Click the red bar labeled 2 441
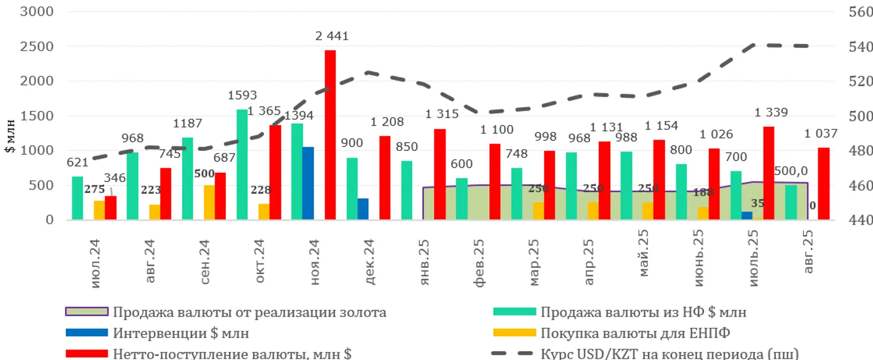pos(330,135)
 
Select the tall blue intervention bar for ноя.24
pos(308,183)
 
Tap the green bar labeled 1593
pos(242,165)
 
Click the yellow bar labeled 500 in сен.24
pos(209,202)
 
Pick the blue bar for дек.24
pos(363,209)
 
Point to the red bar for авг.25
pos(824,184)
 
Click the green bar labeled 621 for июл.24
pos(77,198)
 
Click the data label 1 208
pos(387,122)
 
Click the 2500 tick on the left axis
pos(37,46)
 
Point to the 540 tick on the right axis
pos(861,46)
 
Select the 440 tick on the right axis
pos(861,220)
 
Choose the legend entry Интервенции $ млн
pos(181,333)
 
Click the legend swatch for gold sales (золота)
pos(86,312)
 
